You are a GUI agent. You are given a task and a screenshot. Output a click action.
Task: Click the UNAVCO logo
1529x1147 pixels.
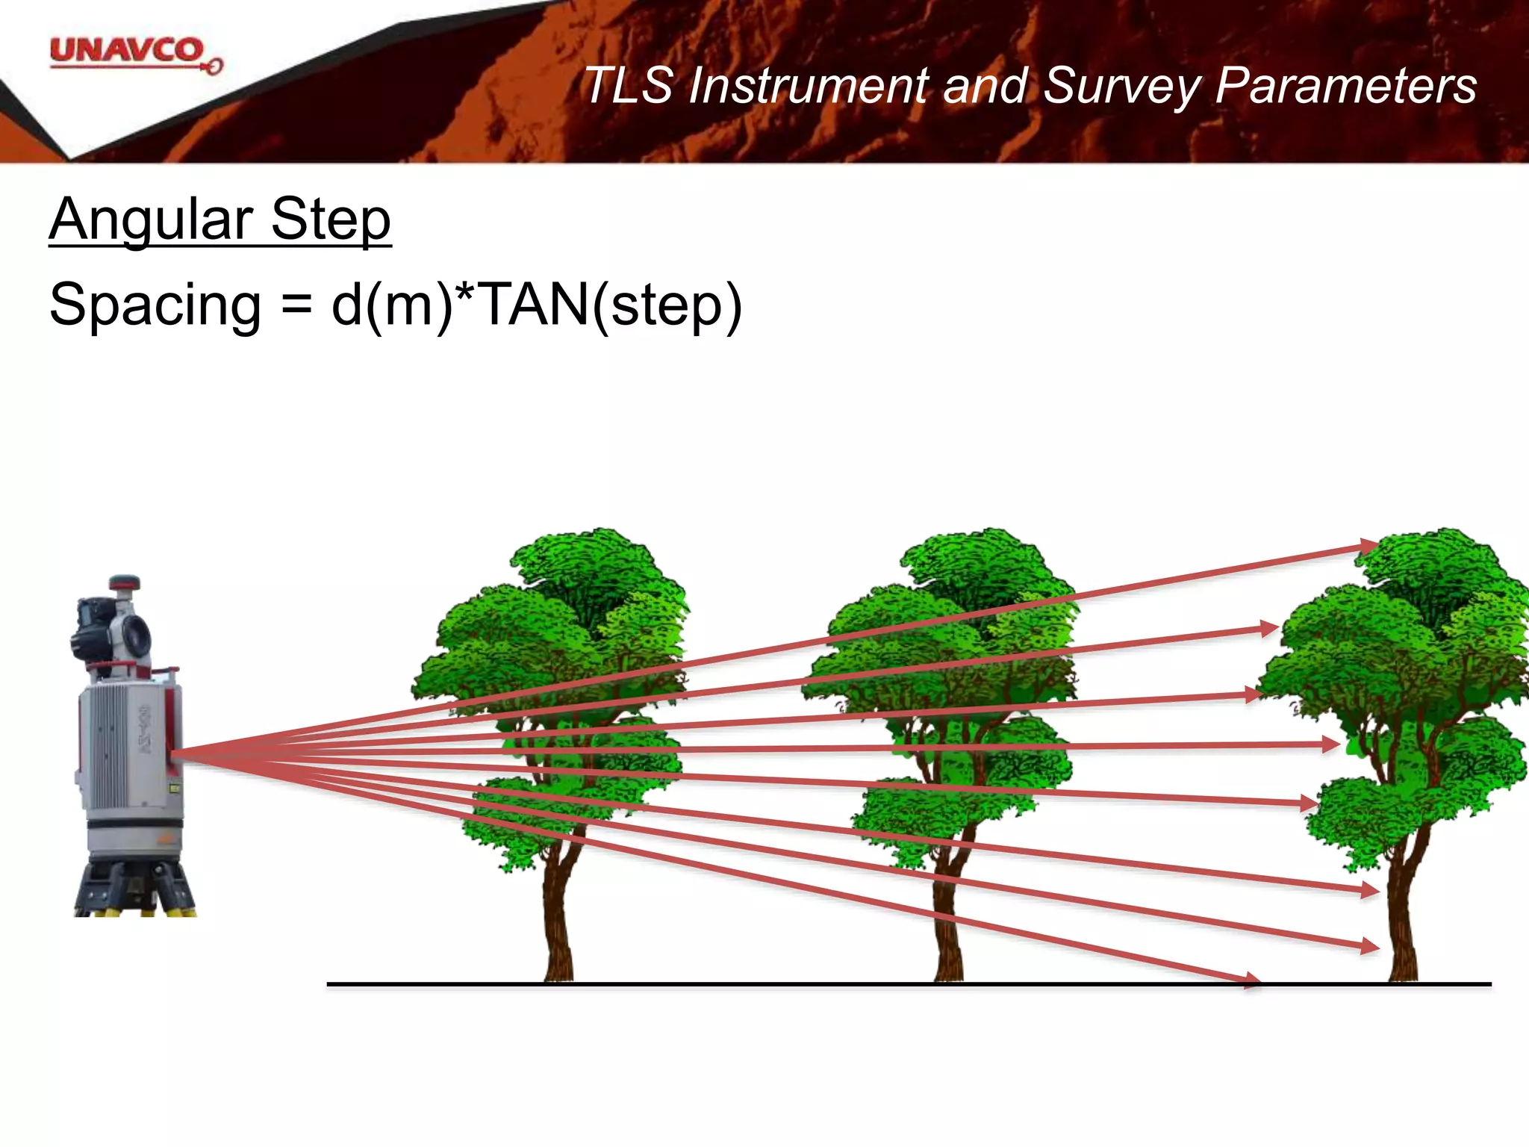coord(134,55)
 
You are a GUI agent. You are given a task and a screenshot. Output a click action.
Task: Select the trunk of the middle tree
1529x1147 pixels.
coord(948,918)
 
